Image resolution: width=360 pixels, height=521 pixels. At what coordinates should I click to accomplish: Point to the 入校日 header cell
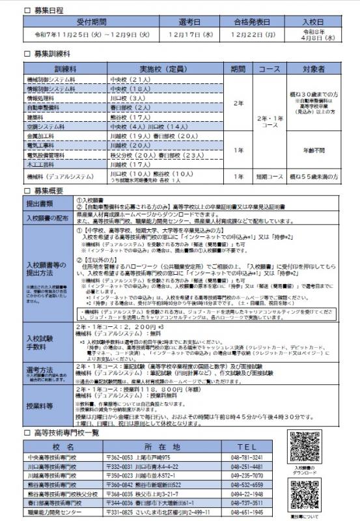pos(311,21)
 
